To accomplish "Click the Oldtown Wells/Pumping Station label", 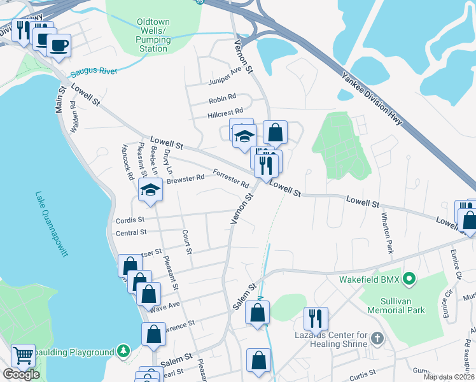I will (153, 35).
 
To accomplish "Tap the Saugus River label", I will (94, 71).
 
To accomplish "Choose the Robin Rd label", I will (222, 101).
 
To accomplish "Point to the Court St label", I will (187, 242).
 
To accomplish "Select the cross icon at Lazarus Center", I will (377, 337).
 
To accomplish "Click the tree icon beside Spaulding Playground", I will (123, 351).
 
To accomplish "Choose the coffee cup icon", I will (59, 45).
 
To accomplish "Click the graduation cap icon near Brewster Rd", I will (150, 190).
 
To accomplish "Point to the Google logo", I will (21, 374).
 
